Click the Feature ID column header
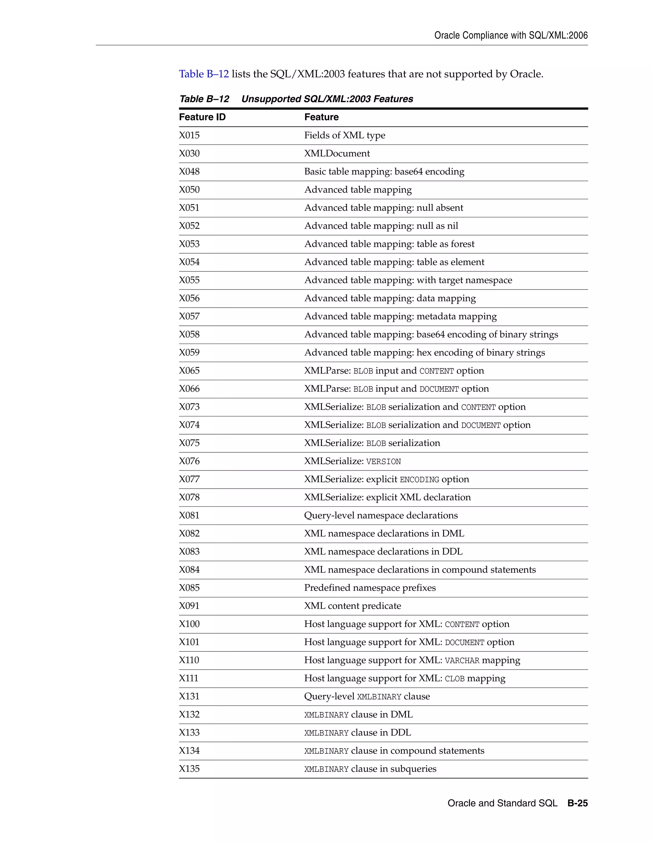pos(202,117)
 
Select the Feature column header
pos(321,117)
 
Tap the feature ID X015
pos(189,136)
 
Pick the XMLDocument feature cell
pos(337,154)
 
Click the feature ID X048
pos(189,172)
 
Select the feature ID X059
pos(189,353)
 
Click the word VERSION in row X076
pos(383,462)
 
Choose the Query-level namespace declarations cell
pos(381,516)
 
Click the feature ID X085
pos(189,588)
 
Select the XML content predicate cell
pos(352,606)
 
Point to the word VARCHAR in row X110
pos(462,661)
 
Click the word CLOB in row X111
pos(454,679)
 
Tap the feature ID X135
pos(189,769)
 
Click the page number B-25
pos(578,803)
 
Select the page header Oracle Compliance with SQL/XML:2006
pos(511,36)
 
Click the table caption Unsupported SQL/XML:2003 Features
pos(327,99)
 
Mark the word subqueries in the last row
pos(413,769)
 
